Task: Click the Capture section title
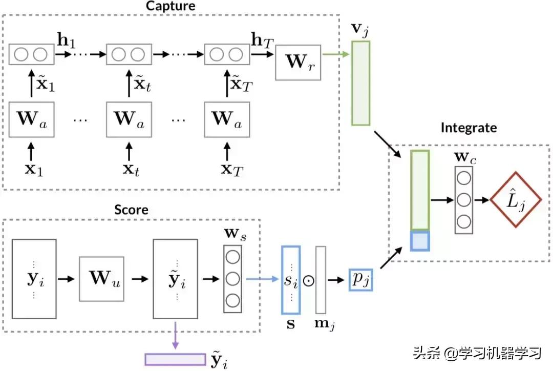[x=171, y=7]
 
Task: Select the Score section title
[x=131, y=210]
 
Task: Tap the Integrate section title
[x=469, y=128]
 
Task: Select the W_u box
[x=101, y=279]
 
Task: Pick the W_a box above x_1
[x=32, y=119]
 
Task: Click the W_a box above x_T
[x=227, y=119]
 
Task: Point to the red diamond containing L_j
[x=516, y=199]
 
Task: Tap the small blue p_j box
[x=360, y=279]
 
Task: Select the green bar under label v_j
[x=360, y=83]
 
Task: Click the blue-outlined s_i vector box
[x=291, y=280]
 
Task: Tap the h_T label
[x=261, y=39]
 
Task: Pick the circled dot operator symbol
[x=308, y=280]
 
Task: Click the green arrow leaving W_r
[x=335, y=53]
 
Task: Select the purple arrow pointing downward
[x=175, y=335]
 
